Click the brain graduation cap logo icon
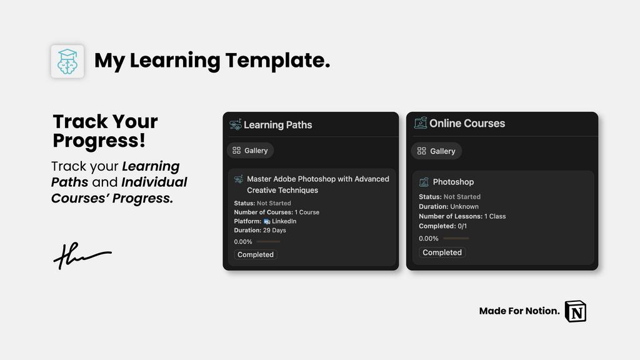tap(67, 61)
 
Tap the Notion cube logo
tap(576, 310)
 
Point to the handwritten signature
tap(81, 255)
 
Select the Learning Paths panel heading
tap(277, 125)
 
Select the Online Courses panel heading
tap(467, 124)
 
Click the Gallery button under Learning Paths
tap(250, 151)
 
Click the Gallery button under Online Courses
tap(436, 151)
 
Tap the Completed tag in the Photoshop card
tap(442, 252)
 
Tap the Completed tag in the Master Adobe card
tap(256, 254)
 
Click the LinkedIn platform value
tap(284, 221)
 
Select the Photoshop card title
tap(453, 182)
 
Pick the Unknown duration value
tap(464, 206)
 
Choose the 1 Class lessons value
tap(495, 216)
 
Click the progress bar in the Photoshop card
tap(456, 238)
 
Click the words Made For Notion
tap(519, 311)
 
